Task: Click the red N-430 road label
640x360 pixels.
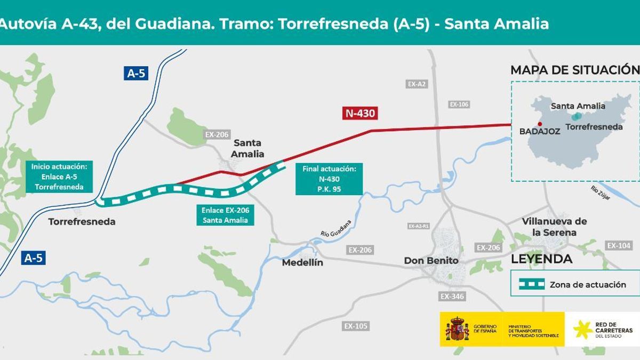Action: [361, 113]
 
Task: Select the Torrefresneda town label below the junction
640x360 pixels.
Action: [82, 221]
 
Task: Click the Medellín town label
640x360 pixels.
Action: [302, 262]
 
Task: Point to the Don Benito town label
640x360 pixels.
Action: [431, 261]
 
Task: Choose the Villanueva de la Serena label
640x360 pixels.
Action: [554, 227]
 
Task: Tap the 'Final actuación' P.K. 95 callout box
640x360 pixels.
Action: [329, 179]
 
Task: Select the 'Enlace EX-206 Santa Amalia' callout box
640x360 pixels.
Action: [225, 214]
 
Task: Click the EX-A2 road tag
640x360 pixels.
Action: [417, 84]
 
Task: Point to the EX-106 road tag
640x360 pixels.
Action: [459, 105]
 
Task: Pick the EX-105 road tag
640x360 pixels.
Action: [356, 326]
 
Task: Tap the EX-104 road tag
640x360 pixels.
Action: [619, 245]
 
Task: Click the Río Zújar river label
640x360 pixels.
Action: [601, 193]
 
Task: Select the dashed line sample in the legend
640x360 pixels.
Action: [528, 284]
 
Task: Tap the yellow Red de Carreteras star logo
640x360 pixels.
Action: [582, 329]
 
